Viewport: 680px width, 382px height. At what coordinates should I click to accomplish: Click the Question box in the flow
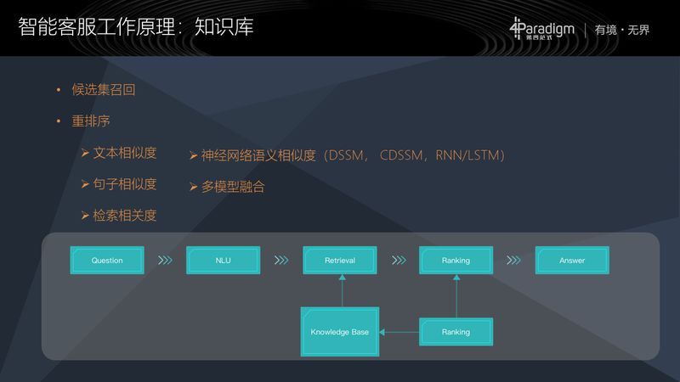point(107,261)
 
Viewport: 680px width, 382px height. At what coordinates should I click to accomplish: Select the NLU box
point(224,261)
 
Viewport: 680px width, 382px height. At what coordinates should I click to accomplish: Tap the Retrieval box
point(340,261)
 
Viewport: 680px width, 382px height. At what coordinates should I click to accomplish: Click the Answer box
point(572,261)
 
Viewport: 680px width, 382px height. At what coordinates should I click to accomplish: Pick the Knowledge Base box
point(340,332)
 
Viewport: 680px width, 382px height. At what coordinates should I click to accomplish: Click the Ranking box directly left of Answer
point(456,261)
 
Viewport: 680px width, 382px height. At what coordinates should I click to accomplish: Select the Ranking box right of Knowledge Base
point(456,332)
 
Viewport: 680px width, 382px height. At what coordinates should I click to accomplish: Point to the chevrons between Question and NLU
point(166,261)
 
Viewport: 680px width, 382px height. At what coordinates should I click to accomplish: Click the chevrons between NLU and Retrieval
point(281,261)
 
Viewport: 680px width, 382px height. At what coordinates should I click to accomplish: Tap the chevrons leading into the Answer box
point(513,261)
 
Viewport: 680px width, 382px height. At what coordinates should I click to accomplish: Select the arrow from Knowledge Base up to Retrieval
point(342,290)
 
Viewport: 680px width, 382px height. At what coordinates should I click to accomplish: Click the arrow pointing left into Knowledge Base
point(399,332)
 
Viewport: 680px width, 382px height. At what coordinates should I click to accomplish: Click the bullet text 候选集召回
point(103,90)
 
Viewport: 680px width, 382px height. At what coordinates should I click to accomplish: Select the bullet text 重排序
point(90,121)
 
